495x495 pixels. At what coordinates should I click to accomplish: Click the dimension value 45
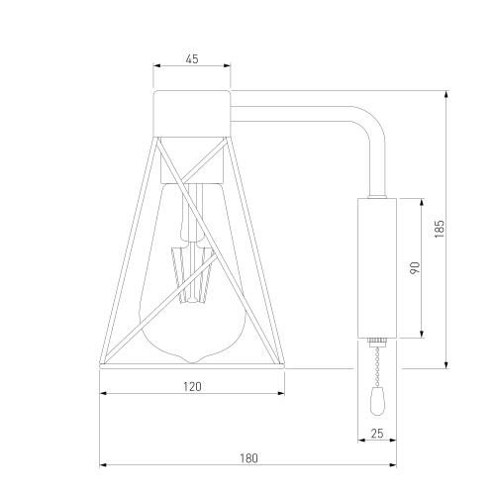[x=192, y=59]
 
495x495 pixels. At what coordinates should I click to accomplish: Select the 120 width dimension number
[x=192, y=386]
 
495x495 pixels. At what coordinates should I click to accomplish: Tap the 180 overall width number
[x=248, y=458]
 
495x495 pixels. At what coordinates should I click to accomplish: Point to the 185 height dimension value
[x=440, y=229]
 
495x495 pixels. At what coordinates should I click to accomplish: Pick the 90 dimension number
[x=415, y=267]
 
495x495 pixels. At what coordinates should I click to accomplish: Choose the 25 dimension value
[x=377, y=434]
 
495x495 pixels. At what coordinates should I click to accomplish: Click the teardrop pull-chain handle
[x=377, y=401]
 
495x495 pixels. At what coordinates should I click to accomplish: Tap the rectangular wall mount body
[x=377, y=268]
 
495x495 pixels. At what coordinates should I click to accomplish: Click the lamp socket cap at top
[x=192, y=113]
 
